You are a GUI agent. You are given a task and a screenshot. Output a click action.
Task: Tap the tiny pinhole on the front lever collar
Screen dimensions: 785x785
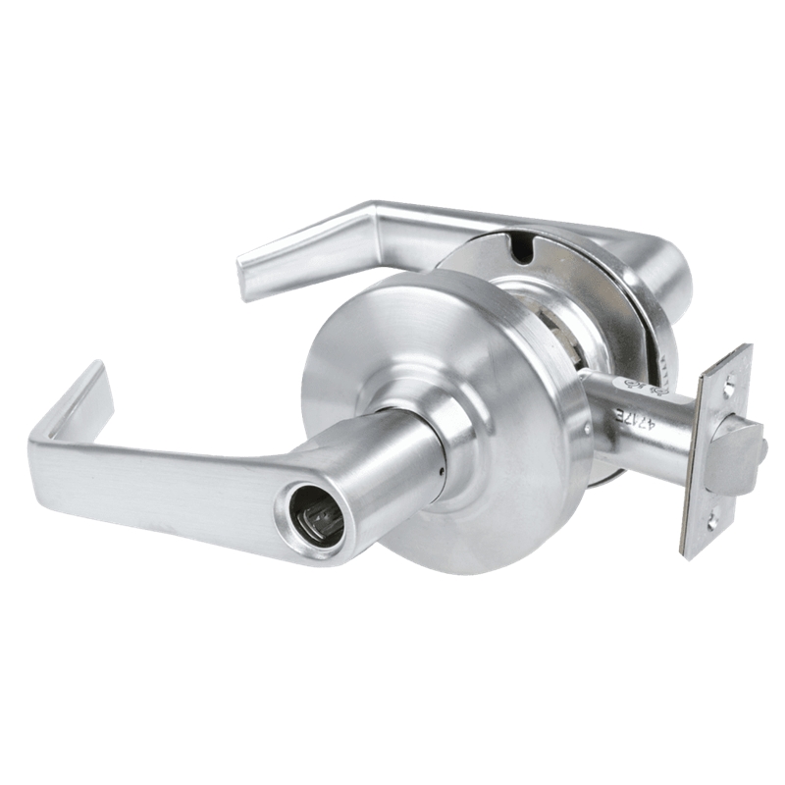[x=442, y=470]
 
